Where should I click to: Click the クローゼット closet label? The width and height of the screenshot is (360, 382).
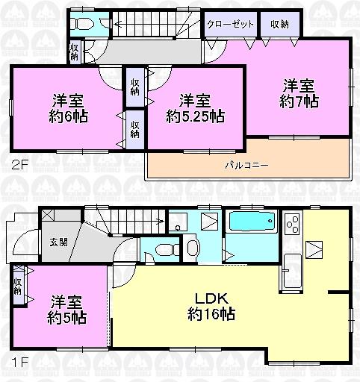[231, 24]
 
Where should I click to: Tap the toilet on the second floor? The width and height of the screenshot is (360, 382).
[82, 23]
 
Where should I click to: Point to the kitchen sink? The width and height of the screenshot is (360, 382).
[291, 266]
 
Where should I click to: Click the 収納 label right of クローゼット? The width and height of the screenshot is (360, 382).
[279, 24]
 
